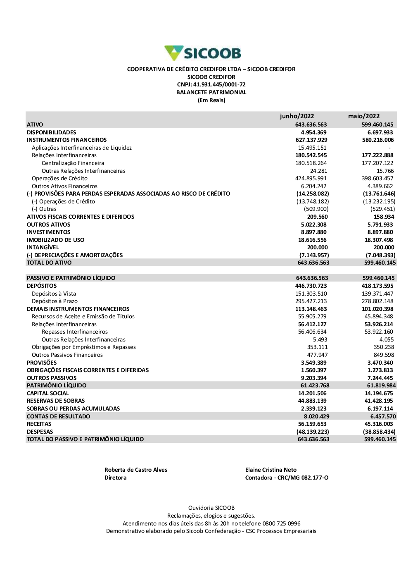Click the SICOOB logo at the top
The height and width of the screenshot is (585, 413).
click(203, 53)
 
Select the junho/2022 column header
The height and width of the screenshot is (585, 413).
click(297, 116)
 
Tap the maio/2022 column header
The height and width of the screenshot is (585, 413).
click(363, 116)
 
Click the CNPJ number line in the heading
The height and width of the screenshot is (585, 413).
click(211, 85)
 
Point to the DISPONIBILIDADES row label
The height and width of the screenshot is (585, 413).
click(51, 132)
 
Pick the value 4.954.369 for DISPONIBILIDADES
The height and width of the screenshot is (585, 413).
click(313, 132)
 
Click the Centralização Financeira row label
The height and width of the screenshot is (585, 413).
click(73, 163)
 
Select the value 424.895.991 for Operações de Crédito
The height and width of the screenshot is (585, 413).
click(311, 179)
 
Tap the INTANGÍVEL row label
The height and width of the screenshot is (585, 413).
click(43, 248)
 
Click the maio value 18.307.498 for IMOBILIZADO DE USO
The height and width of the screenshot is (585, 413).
click(379, 240)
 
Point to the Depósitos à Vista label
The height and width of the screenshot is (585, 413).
click(54, 294)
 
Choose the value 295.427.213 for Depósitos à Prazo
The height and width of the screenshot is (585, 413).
click(311, 301)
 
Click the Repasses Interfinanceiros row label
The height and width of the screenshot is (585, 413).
click(74, 332)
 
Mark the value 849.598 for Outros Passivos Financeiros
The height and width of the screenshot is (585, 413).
click(384, 355)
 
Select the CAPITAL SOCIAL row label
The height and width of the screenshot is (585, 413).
click(47, 393)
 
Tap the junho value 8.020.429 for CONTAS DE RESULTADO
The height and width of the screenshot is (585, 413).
click(316, 416)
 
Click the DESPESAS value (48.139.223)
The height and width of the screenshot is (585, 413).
click(313, 432)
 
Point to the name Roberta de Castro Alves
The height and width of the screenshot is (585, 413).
click(135, 470)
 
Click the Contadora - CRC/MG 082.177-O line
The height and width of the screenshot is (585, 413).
click(287, 478)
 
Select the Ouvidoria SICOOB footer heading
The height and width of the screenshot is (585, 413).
click(211, 508)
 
